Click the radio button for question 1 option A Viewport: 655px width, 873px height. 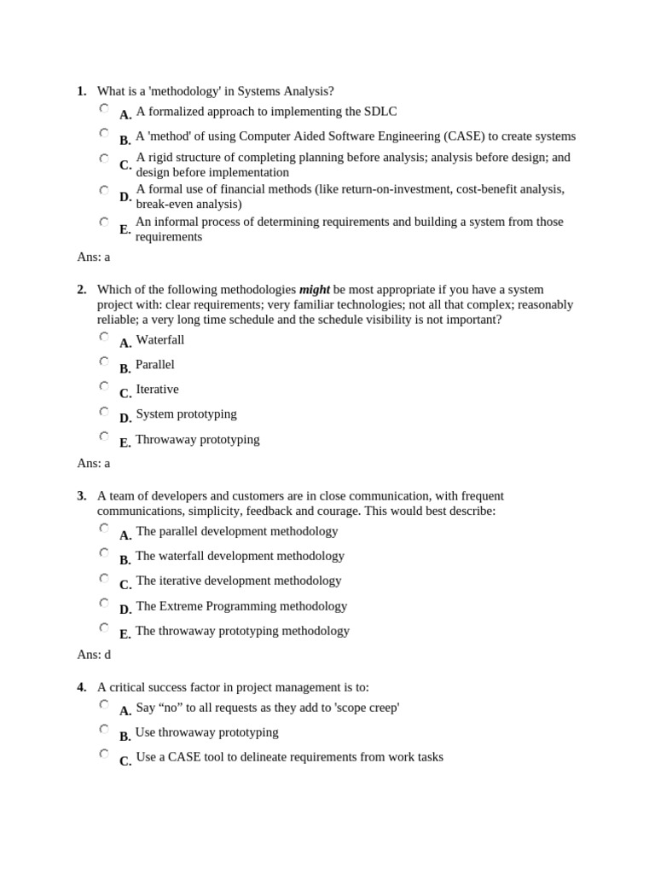104,108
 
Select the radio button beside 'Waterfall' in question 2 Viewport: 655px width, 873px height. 104,337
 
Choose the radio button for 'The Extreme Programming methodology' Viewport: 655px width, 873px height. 104,603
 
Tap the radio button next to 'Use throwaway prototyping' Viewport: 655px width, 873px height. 104,729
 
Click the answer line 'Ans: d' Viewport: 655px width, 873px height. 94,655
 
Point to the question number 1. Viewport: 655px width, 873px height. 81,91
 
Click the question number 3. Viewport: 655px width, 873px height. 81,496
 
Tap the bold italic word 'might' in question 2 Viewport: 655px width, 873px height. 314,290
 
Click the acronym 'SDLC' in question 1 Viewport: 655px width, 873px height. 380,112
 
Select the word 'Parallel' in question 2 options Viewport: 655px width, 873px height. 154,365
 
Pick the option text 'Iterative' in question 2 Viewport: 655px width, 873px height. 157,390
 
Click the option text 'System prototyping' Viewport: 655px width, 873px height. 186,414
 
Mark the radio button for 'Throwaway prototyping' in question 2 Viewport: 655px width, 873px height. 104,436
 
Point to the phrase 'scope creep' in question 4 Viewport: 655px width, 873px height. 364,708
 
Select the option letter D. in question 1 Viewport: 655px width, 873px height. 125,197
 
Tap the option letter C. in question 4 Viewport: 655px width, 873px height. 125,761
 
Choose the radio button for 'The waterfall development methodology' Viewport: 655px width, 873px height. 104,552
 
